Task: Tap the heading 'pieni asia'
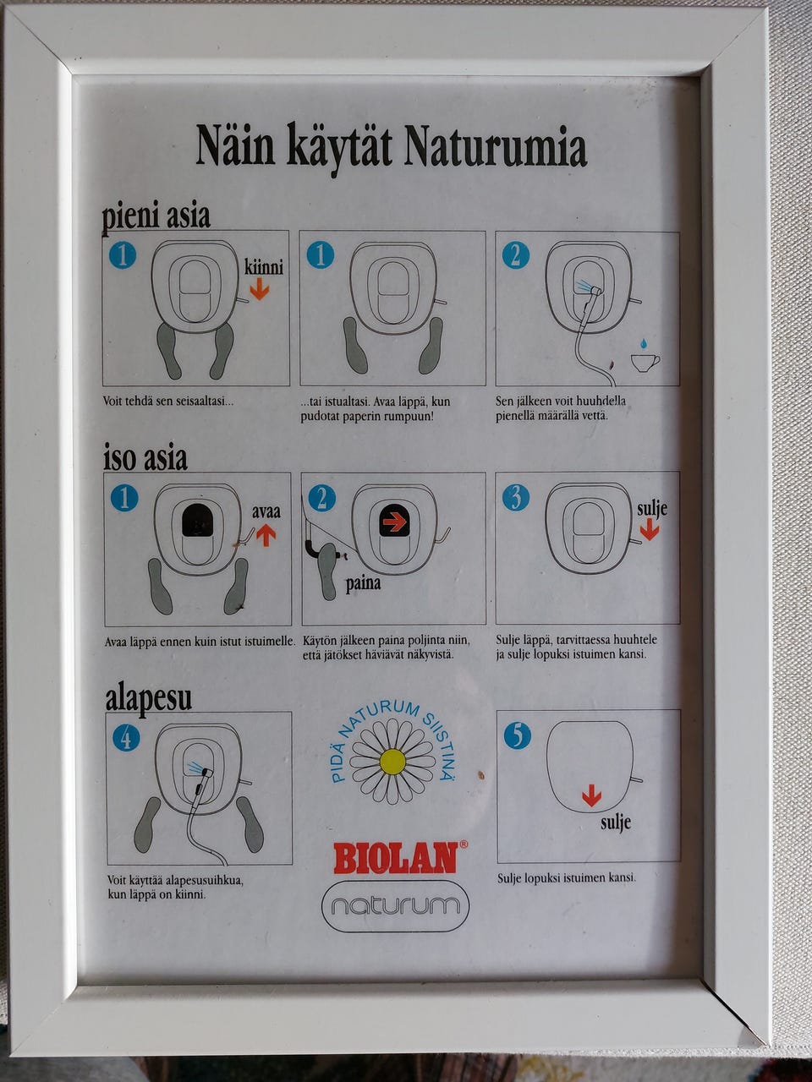tap(156, 216)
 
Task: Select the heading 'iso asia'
tap(145, 458)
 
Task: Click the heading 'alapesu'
tap(148, 698)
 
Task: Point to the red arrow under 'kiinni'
tap(259, 290)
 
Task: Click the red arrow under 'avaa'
tap(266, 534)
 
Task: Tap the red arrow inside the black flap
tap(394, 522)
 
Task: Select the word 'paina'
tap(363, 583)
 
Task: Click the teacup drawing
tap(645, 362)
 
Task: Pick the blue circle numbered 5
tap(517, 735)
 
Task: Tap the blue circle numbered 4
tap(126, 738)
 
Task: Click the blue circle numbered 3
tap(515, 497)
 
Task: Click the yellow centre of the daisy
tap(392, 761)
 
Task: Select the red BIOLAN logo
tap(396, 858)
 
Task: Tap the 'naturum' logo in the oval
tap(395, 906)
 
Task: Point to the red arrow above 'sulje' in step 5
tap(591, 795)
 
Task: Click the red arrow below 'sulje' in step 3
tap(650, 529)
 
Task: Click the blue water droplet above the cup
tap(644, 344)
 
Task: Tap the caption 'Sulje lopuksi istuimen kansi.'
tap(566, 877)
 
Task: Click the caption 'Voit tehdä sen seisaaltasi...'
tap(168, 401)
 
